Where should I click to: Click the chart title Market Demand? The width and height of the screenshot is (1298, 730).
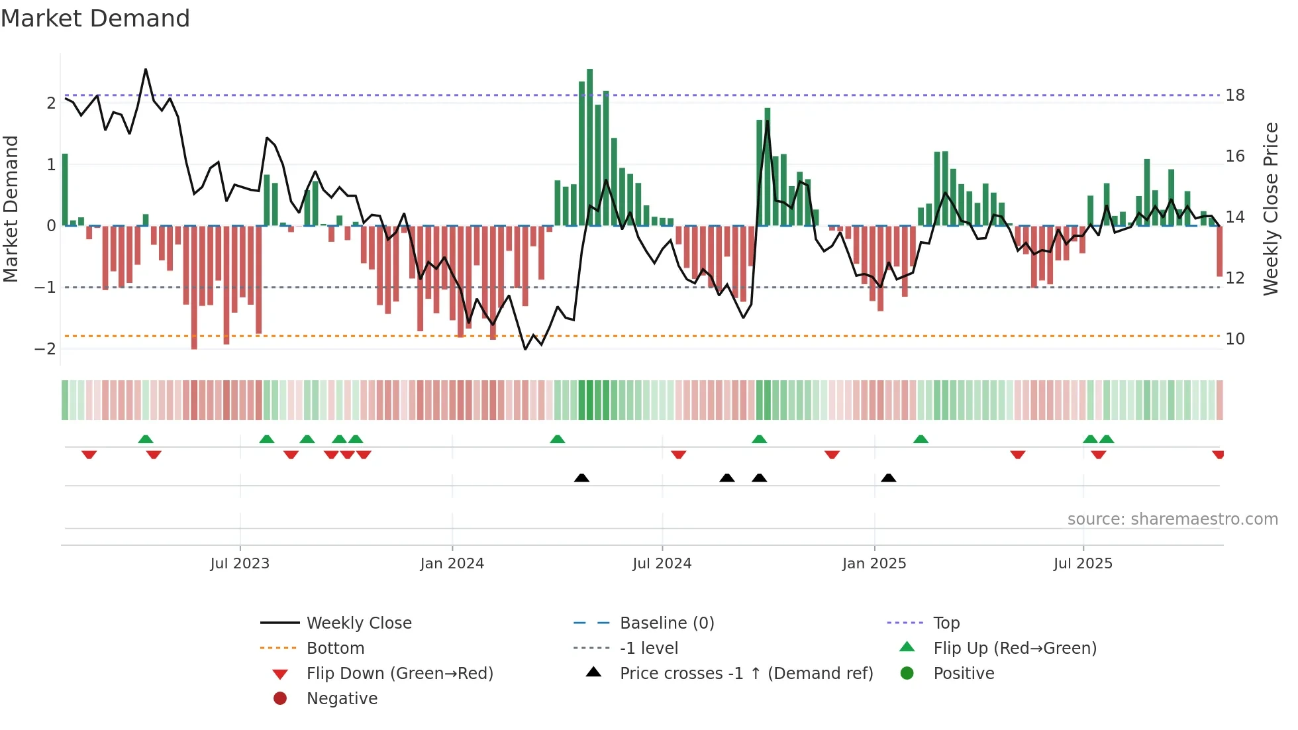click(x=95, y=19)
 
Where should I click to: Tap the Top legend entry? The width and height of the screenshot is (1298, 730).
click(x=946, y=623)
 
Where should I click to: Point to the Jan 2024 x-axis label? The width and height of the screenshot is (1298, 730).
click(x=452, y=564)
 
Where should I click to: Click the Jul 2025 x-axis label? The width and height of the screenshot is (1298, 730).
click(x=1083, y=564)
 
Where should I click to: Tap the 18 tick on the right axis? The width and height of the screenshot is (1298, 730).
click(x=1235, y=95)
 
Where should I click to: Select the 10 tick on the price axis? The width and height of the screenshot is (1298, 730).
click(x=1235, y=339)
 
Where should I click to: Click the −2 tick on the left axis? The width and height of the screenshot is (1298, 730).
click(x=46, y=349)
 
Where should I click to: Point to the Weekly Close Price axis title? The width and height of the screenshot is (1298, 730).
click(x=1270, y=209)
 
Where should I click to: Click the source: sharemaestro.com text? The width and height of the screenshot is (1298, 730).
click(x=1172, y=519)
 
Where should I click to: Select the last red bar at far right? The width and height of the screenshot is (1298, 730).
click(x=1219, y=252)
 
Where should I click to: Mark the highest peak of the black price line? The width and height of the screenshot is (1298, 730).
click(x=146, y=70)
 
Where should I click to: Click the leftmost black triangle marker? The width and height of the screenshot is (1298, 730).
click(x=581, y=478)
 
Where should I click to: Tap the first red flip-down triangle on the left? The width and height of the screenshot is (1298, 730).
click(x=89, y=454)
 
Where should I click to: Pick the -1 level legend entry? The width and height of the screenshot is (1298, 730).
click(x=648, y=648)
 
